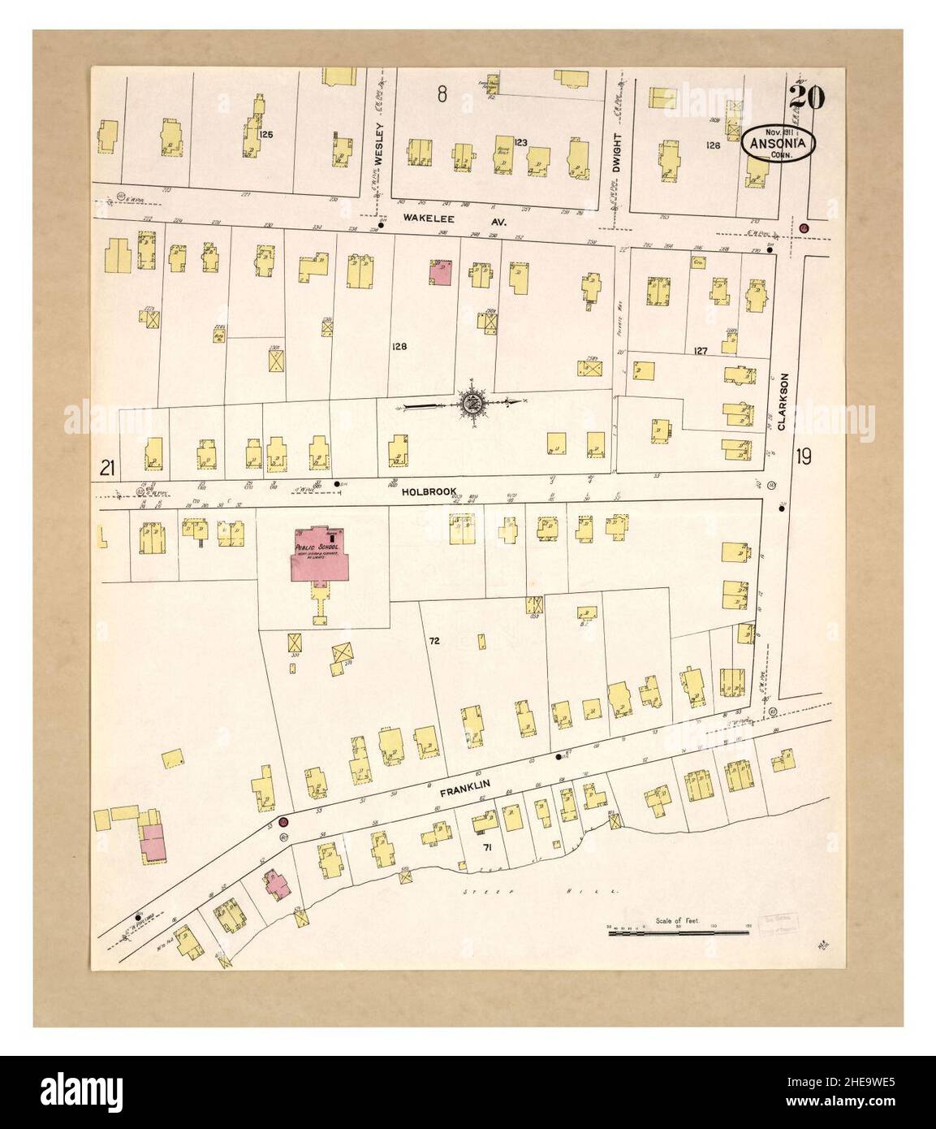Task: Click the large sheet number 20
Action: (x=805, y=97)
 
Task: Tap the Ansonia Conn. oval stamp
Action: (x=778, y=143)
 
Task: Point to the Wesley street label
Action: (x=378, y=144)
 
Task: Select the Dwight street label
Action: (x=617, y=151)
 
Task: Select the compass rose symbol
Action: (x=472, y=401)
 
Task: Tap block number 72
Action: (x=434, y=642)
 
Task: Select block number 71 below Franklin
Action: (x=487, y=847)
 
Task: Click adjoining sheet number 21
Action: (x=106, y=467)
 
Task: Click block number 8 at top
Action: (x=442, y=95)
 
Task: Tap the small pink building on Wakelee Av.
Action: (x=441, y=273)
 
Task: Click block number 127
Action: (x=701, y=351)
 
